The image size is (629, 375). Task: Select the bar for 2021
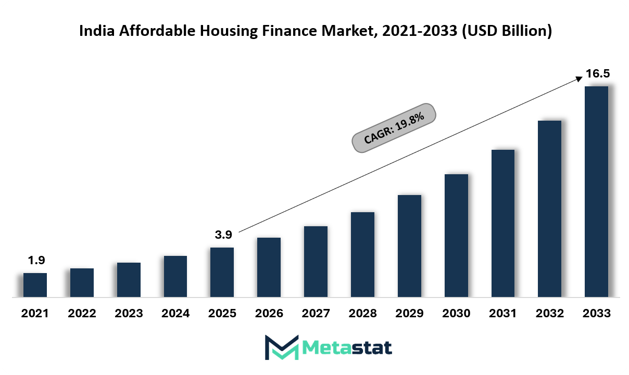click(35, 285)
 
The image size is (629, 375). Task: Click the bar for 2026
click(269, 267)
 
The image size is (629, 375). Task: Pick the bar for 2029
click(409, 246)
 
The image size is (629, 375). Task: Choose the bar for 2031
click(502, 224)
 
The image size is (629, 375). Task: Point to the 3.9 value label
click(223, 235)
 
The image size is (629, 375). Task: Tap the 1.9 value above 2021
click(35, 261)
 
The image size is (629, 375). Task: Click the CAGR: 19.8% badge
click(394, 127)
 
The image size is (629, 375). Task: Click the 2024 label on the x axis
click(175, 314)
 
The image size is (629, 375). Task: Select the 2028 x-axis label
click(362, 314)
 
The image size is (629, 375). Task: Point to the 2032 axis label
click(549, 314)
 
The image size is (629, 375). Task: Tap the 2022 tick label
click(82, 314)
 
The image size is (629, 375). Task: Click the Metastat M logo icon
click(281, 347)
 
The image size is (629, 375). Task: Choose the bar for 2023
click(129, 280)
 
